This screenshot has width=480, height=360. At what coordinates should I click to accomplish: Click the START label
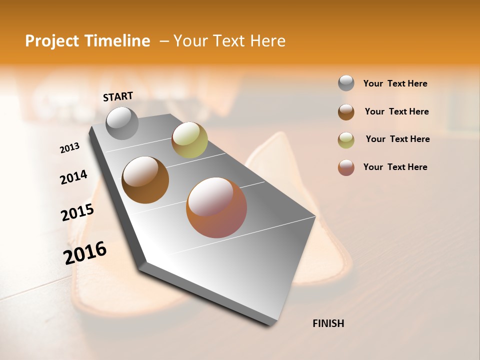point(118,96)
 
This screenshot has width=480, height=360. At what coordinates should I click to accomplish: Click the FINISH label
point(328,323)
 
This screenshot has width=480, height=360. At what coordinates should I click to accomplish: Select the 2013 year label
point(70,147)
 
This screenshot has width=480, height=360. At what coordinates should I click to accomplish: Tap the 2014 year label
point(73,177)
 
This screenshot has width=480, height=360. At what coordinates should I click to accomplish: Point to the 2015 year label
point(77,212)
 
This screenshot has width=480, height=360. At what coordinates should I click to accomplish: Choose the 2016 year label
point(85,252)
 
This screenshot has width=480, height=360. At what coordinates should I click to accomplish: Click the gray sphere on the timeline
point(122,123)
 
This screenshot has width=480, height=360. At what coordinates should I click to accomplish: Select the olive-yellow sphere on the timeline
point(189,139)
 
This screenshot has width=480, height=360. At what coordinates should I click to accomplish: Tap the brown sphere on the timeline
point(145,180)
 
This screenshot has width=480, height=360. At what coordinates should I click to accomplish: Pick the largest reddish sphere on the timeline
point(216,207)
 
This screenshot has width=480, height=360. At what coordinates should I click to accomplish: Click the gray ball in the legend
point(346,83)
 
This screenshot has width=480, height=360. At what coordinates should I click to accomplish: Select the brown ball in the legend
point(346,112)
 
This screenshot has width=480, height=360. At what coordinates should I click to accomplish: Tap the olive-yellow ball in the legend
point(346,140)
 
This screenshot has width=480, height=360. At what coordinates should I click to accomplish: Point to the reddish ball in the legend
point(346,167)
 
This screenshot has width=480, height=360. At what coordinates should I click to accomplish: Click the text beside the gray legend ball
point(395,83)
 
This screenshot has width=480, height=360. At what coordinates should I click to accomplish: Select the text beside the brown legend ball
point(396,111)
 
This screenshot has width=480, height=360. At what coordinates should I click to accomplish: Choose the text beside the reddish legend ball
point(395,167)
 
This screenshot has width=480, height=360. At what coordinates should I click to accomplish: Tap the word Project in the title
point(51,41)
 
